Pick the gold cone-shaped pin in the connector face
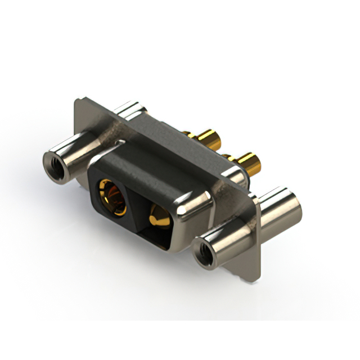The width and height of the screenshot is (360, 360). [x=159, y=217]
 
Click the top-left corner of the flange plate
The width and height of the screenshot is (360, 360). [x=78, y=101]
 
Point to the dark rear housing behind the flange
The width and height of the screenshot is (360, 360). [x=169, y=135]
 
